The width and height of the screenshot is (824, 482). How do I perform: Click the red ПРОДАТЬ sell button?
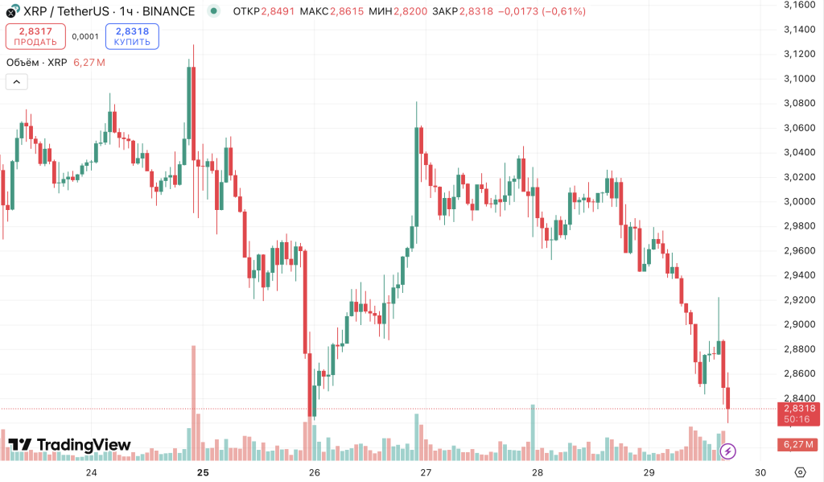35,36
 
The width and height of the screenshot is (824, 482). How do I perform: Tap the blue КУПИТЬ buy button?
132,36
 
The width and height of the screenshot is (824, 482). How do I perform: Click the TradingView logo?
69,445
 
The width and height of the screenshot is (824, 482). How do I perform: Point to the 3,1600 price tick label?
799,5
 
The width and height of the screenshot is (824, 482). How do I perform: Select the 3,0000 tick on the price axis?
799,201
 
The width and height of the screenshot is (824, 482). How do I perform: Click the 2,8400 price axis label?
799,398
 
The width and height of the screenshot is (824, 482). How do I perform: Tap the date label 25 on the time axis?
203,472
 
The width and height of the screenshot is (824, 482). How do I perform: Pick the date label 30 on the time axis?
760,472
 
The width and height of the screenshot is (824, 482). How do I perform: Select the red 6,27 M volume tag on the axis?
799,444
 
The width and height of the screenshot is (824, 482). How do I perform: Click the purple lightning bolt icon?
727,451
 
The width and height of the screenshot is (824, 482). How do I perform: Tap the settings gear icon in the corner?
800,472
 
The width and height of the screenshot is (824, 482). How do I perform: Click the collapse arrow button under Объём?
16,81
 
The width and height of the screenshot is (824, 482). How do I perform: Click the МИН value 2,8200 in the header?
412,11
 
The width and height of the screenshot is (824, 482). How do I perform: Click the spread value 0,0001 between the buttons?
84,36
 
